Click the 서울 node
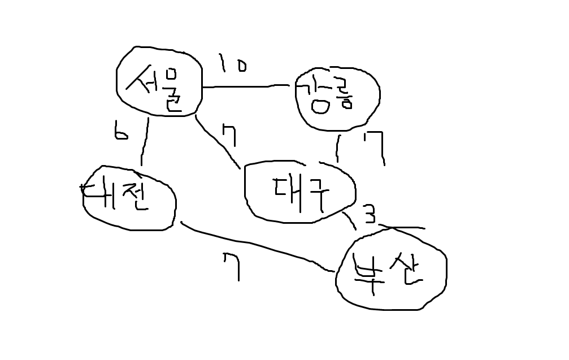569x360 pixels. click(159, 81)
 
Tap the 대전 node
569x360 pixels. click(129, 198)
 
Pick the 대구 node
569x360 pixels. click(299, 191)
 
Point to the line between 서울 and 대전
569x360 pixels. click(145, 141)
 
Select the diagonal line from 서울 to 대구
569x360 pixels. click(218, 141)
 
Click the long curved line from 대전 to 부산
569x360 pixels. click(254, 246)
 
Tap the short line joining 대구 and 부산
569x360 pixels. click(349, 220)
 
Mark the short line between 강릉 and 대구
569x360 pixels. click(338, 149)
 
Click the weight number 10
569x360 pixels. click(232, 64)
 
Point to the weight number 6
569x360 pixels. click(120, 132)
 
